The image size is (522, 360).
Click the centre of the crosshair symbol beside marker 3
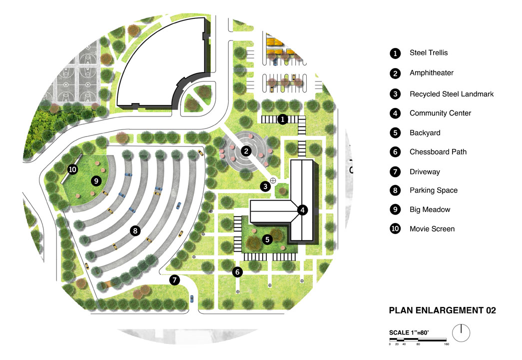pyautogui.click(x=273, y=180)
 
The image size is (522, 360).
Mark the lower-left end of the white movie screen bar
pyautogui.click(x=61, y=183)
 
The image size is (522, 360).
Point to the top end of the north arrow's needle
pyautogui.click(x=461, y=324)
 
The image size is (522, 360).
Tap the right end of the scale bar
pyautogui.click(x=446, y=340)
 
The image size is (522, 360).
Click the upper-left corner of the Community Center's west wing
pyautogui.click(x=250, y=200)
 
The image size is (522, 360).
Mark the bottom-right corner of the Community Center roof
pyautogui.click(x=313, y=240)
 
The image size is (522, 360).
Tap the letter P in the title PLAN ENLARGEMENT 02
pyautogui.click(x=392, y=310)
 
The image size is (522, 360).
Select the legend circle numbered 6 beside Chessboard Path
pyautogui.click(x=395, y=152)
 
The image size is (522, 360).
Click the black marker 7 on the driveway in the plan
pyautogui.click(x=175, y=280)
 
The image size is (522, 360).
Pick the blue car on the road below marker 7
pyautogui.click(x=191, y=298)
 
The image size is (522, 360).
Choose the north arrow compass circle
pyautogui.click(x=461, y=333)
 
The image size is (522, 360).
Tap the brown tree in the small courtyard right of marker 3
pyautogui.click(x=282, y=191)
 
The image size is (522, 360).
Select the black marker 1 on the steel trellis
pyautogui.click(x=283, y=119)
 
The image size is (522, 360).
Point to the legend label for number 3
pyautogui.click(x=452, y=94)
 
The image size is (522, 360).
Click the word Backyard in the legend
pyautogui.click(x=425, y=132)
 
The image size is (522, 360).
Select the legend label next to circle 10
pyautogui.click(x=432, y=229)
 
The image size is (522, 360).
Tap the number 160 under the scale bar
pyautogui.click(x=447, y=344)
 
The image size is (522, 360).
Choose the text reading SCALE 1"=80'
pyautogui.click(x=409, y=332)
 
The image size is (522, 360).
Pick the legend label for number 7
pyautogui.click(x=425, y=172)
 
